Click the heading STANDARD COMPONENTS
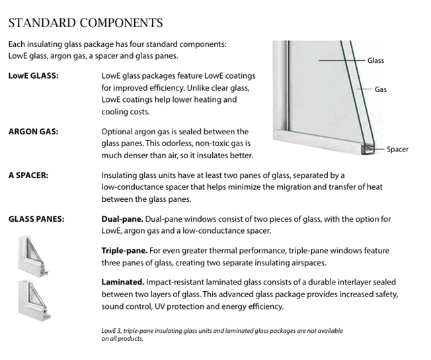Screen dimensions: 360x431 85,23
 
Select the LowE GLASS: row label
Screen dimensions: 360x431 34,76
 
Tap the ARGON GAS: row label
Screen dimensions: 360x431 33,132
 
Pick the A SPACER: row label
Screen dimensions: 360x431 28,176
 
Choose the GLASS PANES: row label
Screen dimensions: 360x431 36,219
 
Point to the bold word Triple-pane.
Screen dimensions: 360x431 122,251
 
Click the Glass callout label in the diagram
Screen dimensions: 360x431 375,61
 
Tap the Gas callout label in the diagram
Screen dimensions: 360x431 381,88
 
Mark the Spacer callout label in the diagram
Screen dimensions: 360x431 397,150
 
